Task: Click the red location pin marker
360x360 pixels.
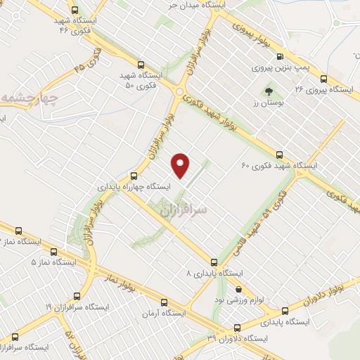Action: coord(181,165)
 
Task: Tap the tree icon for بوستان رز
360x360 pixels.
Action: coord(268,91)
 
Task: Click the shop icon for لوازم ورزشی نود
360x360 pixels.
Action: coord(238,288)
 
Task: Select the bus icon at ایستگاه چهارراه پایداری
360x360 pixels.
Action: coord(134,175)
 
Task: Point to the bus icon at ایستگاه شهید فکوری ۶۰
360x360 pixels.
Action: coord(279,155)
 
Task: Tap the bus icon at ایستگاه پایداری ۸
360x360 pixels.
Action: coord(214,260)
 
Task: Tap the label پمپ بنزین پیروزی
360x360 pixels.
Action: coord(281,68)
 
